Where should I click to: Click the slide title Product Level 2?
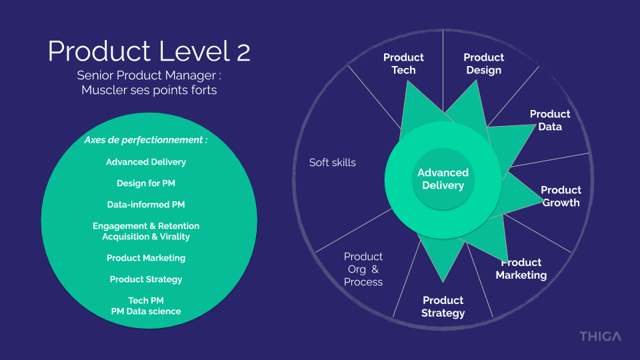click(x=149, y=51)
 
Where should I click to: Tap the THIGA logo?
click(x=599, y=336)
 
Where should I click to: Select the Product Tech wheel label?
click(x=403, y=64)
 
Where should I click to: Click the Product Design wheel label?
click(x=483, y=64)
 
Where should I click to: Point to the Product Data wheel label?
click(x=550, y=120)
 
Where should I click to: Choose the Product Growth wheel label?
click(x=561, y=196)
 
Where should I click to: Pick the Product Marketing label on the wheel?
click(x=521, y=269)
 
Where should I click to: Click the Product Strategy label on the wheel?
click(x=443, y=307)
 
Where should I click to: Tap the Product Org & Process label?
click(x=363, y=269)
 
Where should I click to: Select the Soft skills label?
click(x=333, y=162)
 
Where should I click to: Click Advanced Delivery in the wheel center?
click(x=443, y=179)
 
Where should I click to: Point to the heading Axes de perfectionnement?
click(x=146, y=140)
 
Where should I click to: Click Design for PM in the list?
click(x=146, y=183)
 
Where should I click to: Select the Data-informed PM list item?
click(x=146, y=205)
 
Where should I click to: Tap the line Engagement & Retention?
click(x=146, y=226)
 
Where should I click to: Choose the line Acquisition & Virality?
click(x=146, y=237)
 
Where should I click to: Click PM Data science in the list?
click(x=146, y=311)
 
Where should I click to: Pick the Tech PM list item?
click(x=146, y=301)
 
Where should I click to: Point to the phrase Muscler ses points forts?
click(x=149, y=90)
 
